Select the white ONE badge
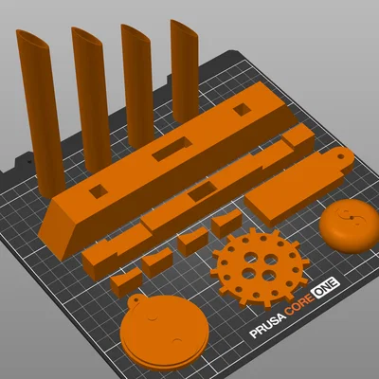pos(325,287)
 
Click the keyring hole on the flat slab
pos(340,156)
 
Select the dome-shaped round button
pos(348,226)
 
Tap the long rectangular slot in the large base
pos(172,148)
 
